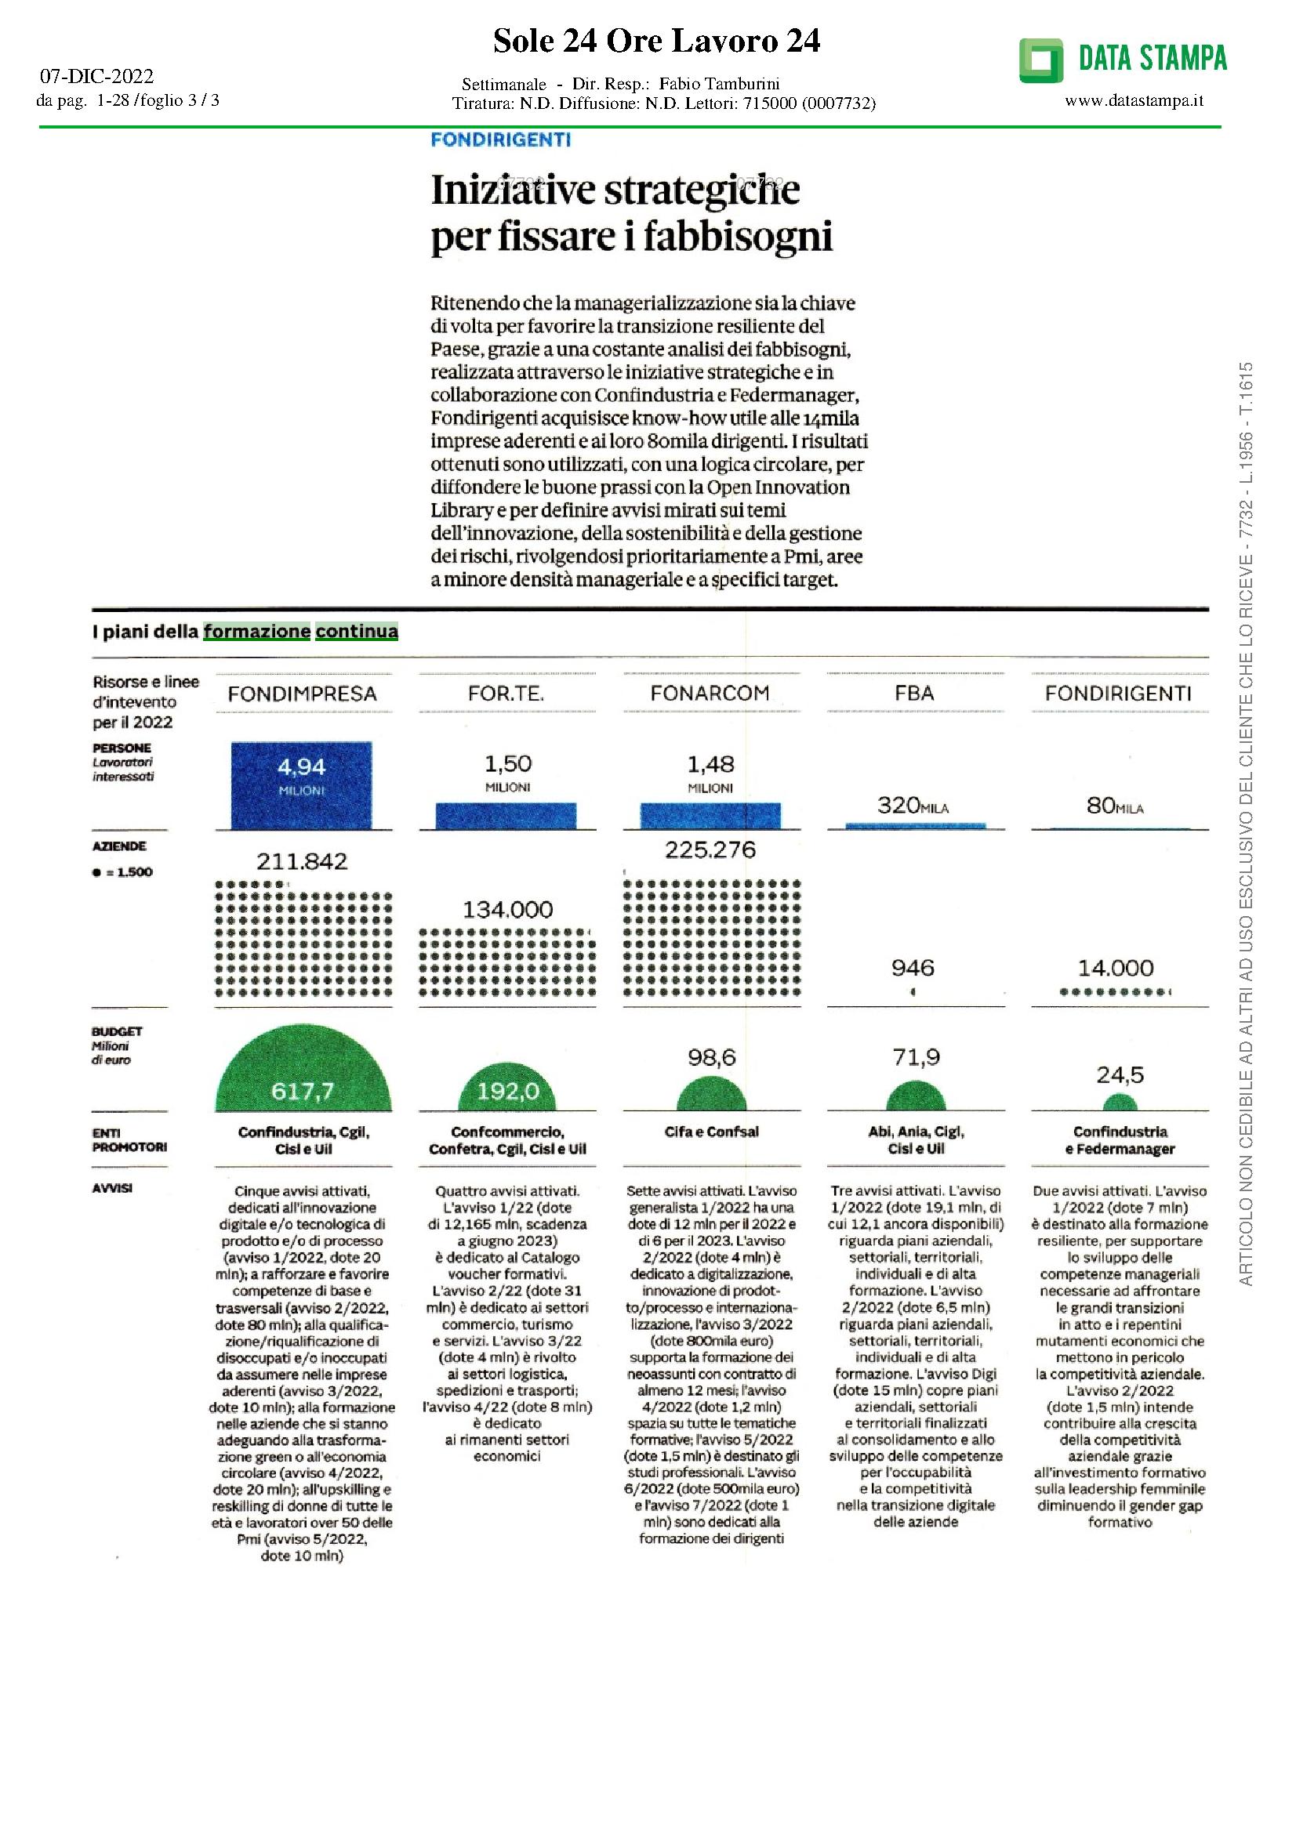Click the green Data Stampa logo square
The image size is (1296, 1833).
pos(1040,60)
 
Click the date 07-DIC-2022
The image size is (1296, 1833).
pos(96,77)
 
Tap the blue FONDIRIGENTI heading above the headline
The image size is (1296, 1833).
pos(501,139)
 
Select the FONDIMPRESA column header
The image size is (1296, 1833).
pos(302,694)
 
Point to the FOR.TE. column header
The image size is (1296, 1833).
pos(506,694)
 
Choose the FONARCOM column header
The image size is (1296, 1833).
pos(710,693)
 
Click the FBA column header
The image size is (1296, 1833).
pos(914,693)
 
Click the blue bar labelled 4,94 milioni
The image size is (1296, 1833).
pos(302,785)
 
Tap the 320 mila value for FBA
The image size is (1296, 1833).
pos(913,806)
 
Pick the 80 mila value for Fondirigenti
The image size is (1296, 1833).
pos(1115,806)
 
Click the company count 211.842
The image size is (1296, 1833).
pos(302,861)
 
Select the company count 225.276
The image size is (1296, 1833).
pos(710,849)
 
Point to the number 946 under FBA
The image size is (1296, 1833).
pos(913,969)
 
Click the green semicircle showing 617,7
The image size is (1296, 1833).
pos(303,1074)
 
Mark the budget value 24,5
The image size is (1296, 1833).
pos(1120,1075)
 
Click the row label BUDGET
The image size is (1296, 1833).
pos(117,1031)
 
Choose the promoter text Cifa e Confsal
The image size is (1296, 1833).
pos(710,1132)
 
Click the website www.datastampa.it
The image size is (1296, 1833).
pos(1134,100)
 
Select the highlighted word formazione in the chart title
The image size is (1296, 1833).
pos(257,632)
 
